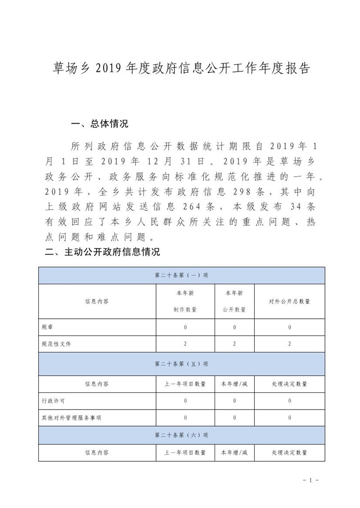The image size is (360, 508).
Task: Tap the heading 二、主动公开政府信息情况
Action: pos(103,252)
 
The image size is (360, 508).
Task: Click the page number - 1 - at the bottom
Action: pos(310,481)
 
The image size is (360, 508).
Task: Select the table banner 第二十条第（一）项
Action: pos(181,275)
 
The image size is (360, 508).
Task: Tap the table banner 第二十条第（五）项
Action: pos(181,364)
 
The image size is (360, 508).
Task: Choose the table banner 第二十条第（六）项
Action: pos(181,435)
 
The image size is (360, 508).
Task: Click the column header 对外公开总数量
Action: pos(289,301)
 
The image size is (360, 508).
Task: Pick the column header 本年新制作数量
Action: pos(185,301)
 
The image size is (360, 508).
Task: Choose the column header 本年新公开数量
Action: pos(234,301)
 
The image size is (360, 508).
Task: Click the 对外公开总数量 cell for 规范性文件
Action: pos(289,344)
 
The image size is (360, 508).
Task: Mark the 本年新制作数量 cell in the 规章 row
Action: pos(185,327)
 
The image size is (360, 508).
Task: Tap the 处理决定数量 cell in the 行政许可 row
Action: pos(289,401)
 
